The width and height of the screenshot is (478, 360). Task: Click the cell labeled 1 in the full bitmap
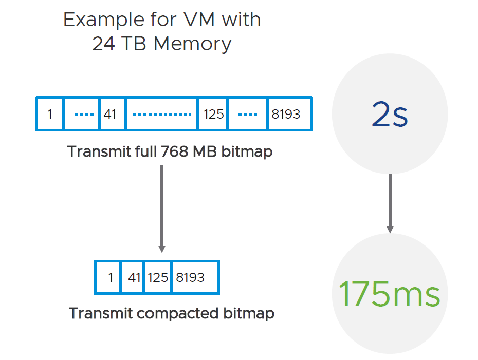tap(50, 114)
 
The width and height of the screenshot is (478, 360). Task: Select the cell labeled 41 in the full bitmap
tap(112, 114)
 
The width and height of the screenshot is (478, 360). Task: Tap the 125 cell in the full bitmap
tap(213, 114)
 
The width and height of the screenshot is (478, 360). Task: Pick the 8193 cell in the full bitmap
tap(289, 114)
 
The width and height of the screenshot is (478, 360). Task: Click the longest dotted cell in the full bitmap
tap(161, 114)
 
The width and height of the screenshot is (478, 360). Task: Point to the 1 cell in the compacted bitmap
tap(107, 277)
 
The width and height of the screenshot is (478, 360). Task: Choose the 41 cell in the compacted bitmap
tap(133, 277)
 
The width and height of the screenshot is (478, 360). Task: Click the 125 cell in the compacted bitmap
tap(158, 277)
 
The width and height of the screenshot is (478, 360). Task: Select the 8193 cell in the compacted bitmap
tap(196, 277)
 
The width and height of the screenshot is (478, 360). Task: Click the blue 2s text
tap(390, 114)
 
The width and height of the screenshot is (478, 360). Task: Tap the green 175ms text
tap(390, 293)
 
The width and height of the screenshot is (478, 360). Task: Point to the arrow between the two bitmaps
tap(162, 209)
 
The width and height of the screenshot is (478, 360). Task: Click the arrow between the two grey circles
tap(390, 203)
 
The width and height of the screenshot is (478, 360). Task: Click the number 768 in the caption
tap(174, 151)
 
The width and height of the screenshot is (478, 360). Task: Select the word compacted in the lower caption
tap(178, 314)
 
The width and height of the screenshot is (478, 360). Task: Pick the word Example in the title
tap(104, 21)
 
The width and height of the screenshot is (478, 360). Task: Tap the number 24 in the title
tap(103, 44)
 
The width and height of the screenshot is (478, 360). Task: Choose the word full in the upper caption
tap(146, 151)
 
